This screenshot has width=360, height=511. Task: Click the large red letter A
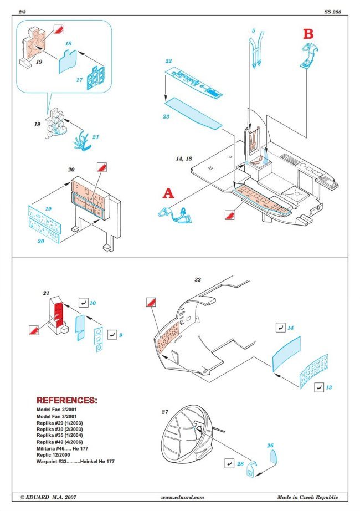(168, 193)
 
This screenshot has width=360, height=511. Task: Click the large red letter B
(308, 33)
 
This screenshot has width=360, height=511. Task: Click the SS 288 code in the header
(331, 11)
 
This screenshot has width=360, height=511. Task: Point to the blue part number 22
(168, 60)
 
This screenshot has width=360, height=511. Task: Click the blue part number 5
(253, 31)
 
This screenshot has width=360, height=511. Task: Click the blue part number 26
(270, 445)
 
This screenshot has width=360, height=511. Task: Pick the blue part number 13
(330, 387)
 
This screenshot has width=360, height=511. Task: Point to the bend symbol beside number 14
(280, 328)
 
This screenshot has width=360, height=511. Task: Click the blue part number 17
(79, 80)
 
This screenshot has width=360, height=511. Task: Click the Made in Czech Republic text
(307, 497)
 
